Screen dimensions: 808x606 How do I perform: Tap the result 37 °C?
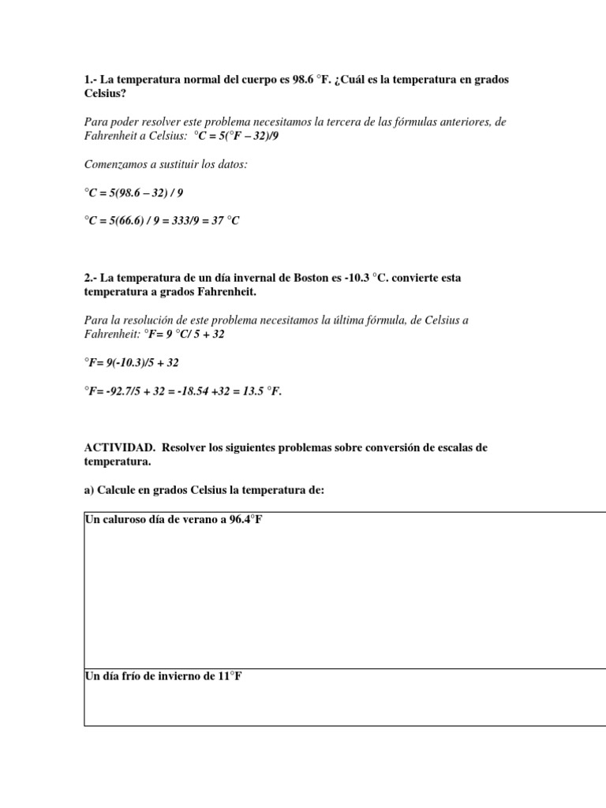click(x=222, y=221)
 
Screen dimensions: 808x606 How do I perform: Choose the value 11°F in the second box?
click(x=229, y=677)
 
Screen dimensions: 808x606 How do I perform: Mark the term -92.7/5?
click(x=121, y=391)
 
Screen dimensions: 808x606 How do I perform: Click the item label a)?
click(x=89, y=490)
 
